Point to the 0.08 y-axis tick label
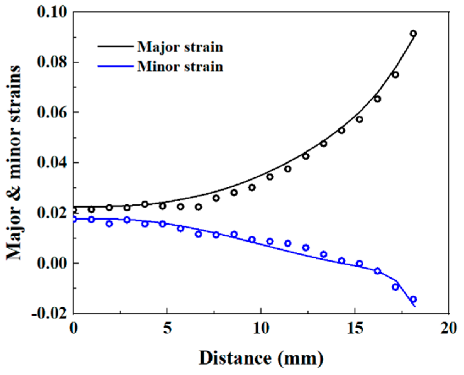pos(52,62)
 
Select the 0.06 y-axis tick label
pos(52,112)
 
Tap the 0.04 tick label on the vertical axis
pos(52,163)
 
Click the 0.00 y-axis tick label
pos(52,263)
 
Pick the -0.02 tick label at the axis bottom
pos(49,313)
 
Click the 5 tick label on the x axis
pos(167,329)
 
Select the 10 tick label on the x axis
pos(261,329)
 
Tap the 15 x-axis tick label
pos(355,329)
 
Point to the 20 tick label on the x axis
pos(449,329)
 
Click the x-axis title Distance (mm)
pos(261,358)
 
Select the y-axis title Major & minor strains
pos(14,163)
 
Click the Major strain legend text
pos(180,47)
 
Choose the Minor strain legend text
pos(180,67)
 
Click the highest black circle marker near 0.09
pos(413,34)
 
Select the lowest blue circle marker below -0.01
pos(413,299)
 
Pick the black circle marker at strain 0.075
pos(395,75)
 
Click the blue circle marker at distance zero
pos(74,219)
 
